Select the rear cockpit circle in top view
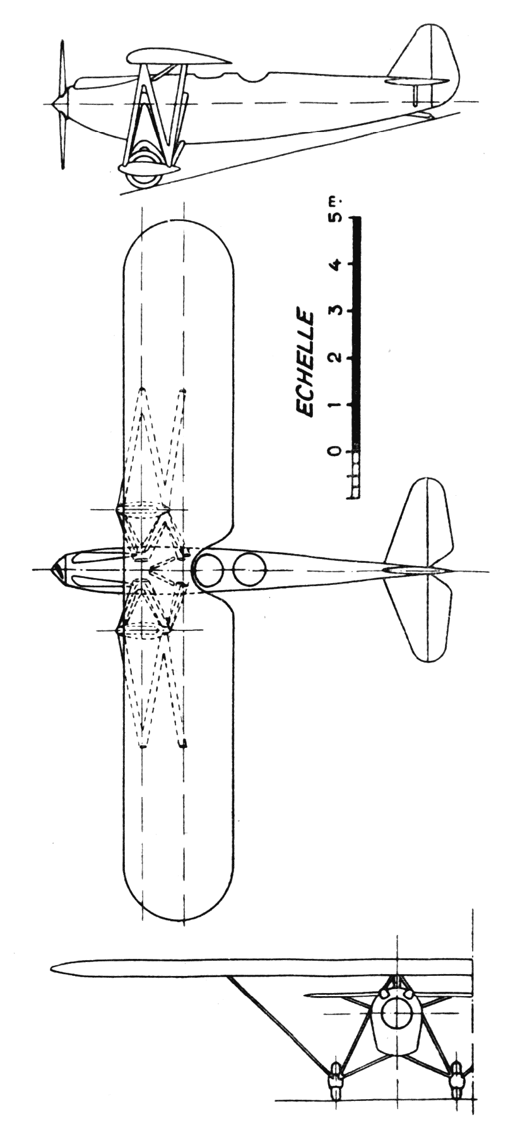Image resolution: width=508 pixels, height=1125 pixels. [x=249, y=570]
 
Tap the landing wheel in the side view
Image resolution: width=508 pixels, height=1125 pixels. [x=145, y=173]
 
